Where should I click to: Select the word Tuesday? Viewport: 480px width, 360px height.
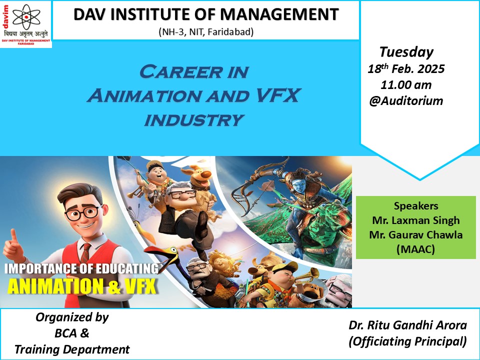click(x=406, y=52)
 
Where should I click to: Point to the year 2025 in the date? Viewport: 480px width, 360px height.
click(x=431, y=69)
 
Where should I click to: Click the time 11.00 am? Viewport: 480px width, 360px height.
click(x=406, y=85)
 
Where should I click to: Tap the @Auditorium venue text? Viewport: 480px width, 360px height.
click(x=406, y=100)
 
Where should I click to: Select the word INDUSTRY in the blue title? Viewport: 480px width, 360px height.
click(x=194, y=119)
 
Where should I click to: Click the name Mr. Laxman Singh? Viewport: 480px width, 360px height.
click(x=415, y=220)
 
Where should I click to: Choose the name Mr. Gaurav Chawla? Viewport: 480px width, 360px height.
click(x=415, y=235)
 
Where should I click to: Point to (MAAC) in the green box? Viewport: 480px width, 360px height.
click(x=415, y=249)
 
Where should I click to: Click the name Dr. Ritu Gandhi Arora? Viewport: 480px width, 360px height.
click(x=408, y=325)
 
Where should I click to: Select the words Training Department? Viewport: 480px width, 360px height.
click(x=72, y=349)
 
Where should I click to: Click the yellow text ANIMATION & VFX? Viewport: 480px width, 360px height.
click(x=82, y=286)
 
